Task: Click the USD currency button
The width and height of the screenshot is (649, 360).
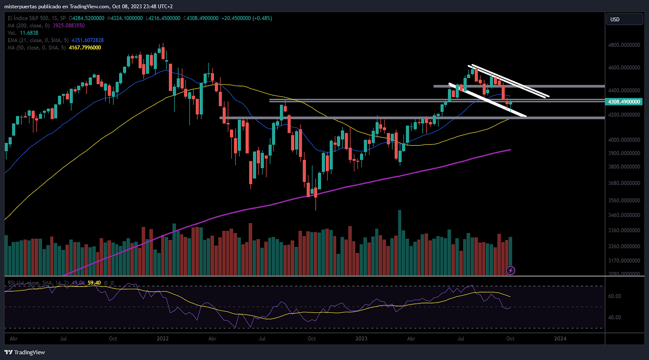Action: pos(624,20)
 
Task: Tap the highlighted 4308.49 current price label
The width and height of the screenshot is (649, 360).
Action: pos(624,102)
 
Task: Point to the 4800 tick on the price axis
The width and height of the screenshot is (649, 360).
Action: pos(624,45)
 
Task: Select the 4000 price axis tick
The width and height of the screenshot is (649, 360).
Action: pos(624,139)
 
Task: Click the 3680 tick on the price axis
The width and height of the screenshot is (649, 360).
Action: pos(624,183)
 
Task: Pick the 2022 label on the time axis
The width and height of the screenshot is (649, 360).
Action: pos(163,339)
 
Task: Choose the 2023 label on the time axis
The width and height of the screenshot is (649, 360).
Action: pos(361,339)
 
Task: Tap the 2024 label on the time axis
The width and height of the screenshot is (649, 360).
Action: pos(560,339)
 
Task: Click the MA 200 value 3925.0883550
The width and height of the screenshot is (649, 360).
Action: pos(69,25)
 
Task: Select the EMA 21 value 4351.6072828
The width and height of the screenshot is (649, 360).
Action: pos(87,40)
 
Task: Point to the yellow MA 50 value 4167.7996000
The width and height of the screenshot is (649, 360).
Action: pos(85,48)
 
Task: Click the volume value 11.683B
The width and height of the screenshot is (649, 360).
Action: pos(29,33)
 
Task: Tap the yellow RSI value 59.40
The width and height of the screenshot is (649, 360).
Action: pos(94,282)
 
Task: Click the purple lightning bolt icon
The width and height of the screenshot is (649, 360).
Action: pos(510,270)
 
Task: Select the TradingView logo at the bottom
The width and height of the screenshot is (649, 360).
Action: pos(25,352)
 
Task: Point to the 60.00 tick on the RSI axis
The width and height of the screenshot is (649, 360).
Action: pos(615,296)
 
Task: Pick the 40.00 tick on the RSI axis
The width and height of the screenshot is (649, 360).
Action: pos(615,317)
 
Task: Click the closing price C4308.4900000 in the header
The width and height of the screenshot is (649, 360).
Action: pos(201,18)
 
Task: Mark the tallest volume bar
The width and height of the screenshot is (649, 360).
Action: pos(400,243)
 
